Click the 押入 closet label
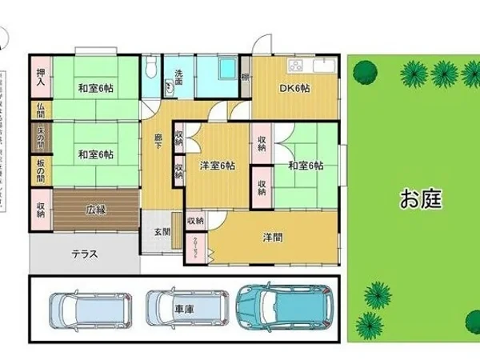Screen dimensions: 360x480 click(40, 78)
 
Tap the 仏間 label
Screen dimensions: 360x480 click(40, 112)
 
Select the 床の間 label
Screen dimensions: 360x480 click(40, 139)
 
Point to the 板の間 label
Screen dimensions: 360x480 click(40, 169)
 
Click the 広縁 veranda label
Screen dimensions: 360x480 click(96, 210)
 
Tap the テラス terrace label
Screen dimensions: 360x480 click(84, 255)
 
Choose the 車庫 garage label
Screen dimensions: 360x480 click(184, 307)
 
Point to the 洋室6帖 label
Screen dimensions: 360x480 click(217, 166)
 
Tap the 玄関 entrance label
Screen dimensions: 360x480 click(162, 232)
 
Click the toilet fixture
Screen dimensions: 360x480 click(152, 69)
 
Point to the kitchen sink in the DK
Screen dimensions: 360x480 click(323, 64)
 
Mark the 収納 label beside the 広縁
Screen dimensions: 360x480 click(40, 210)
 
